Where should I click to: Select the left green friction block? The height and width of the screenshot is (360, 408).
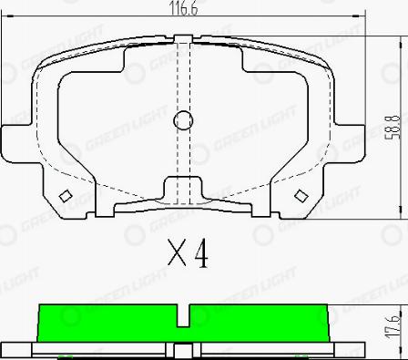(x=107, y=322)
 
